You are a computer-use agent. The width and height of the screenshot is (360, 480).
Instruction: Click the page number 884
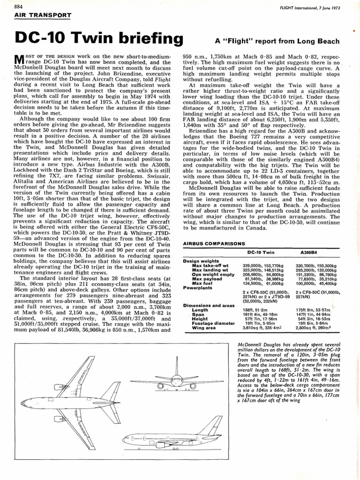tap(20, 7)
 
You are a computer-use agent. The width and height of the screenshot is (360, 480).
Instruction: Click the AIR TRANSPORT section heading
tap(43, 15)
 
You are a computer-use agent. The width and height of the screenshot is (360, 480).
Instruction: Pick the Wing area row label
tap(205, 328)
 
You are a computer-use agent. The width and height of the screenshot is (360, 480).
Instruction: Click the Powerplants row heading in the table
tap(198, 288)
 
